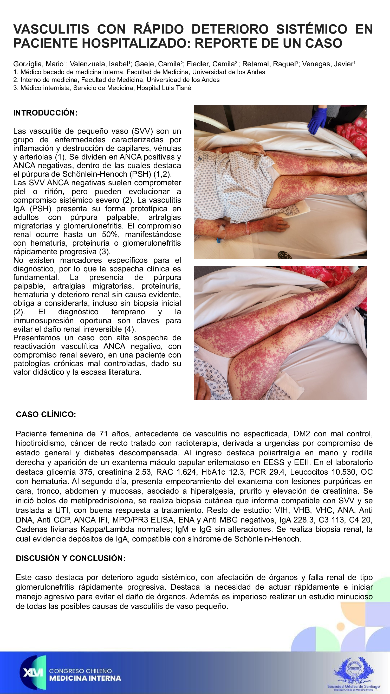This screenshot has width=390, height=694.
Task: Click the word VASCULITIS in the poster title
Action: tap(51, 29)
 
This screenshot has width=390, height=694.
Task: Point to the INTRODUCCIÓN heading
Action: tap(45, 113)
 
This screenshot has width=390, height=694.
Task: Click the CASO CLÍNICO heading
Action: tap(46, 414)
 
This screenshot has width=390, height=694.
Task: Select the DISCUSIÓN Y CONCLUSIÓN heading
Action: tap(70, 558)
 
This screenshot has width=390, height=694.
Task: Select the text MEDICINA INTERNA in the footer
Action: tap(85, 678)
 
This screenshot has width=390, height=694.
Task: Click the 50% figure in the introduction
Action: tap(110, 234)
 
